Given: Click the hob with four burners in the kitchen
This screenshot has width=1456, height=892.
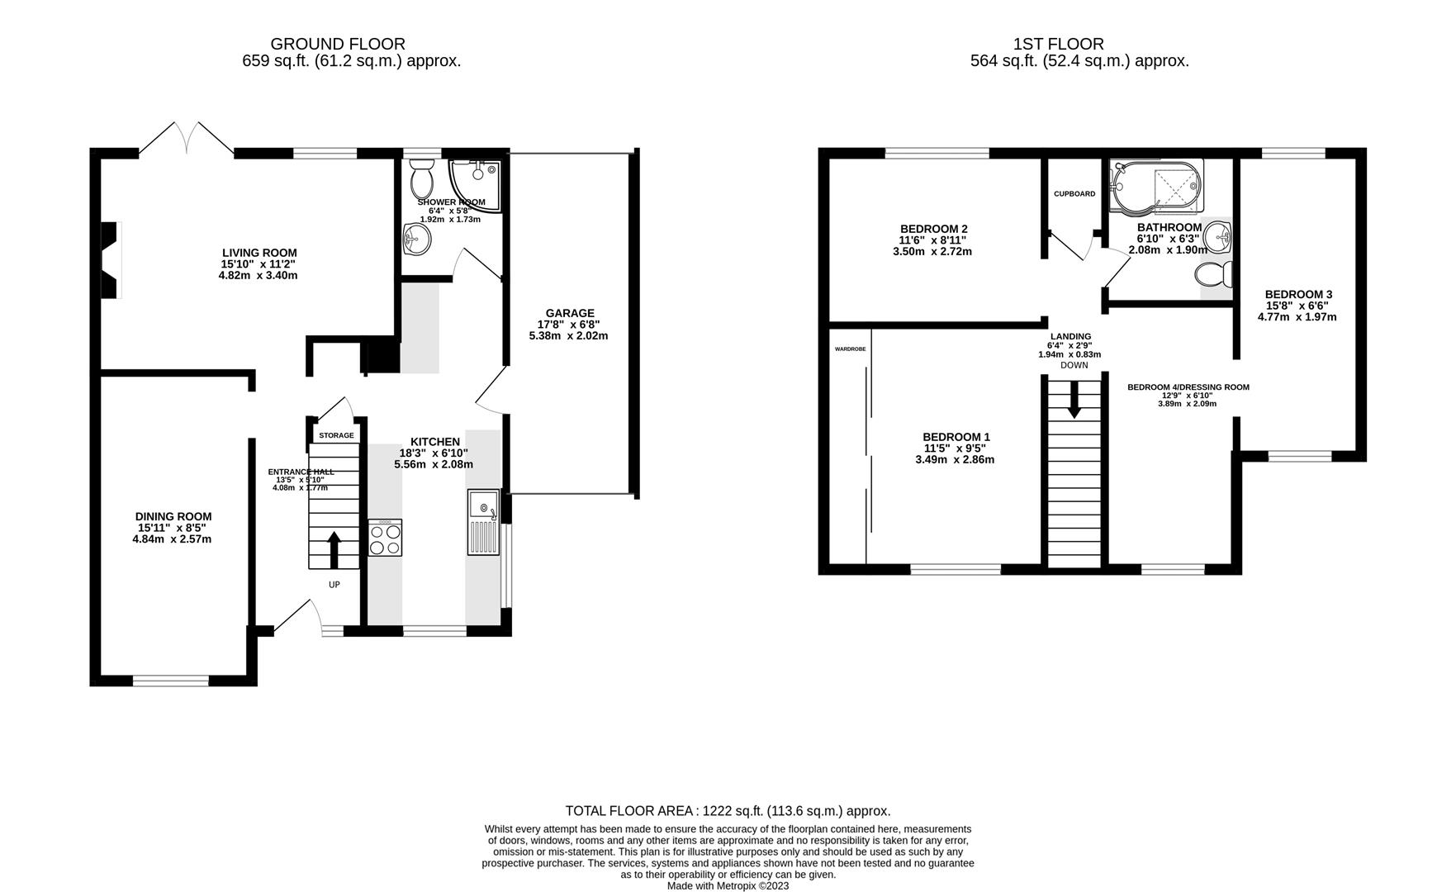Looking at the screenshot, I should coord(385,539).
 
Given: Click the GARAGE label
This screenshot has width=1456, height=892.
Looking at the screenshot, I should coord(569,313).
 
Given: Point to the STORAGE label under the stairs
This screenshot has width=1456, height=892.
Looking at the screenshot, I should coord(336,435).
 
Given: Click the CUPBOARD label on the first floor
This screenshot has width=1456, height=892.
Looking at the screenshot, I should coord(1074,194).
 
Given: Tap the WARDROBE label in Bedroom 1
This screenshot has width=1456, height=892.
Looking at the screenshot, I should coord(850,349).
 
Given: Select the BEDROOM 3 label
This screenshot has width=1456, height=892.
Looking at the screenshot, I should coord(1298,294).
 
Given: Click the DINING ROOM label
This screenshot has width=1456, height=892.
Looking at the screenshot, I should coord(173,516).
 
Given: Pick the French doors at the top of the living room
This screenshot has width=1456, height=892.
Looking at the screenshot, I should coord(187,139).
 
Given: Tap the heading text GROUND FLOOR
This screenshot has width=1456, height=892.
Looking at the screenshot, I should coord(338,44).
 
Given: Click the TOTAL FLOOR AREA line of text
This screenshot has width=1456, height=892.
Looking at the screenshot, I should coord(728,811).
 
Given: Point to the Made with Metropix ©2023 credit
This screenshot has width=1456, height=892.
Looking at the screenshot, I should coord(728,885).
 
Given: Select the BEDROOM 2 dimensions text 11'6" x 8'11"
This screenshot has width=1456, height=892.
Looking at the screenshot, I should coord(932,240).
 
